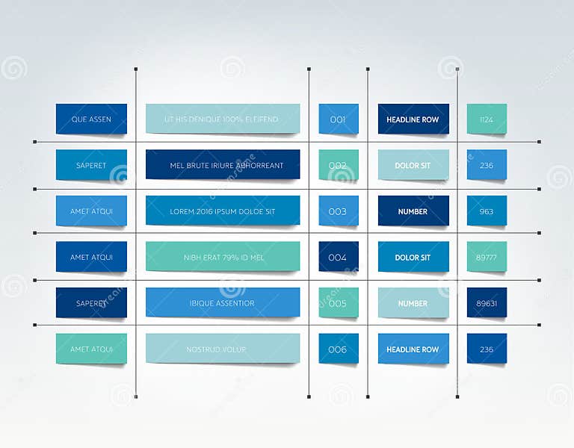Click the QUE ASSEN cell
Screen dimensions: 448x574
pos(91,119)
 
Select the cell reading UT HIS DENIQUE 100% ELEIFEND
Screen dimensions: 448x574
pos(223,119)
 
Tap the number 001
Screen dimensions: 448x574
pos(338,119)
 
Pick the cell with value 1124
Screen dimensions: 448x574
pos(487,119)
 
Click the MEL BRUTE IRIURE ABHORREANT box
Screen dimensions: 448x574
pos(223,165)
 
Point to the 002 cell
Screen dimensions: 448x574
pos(338,165)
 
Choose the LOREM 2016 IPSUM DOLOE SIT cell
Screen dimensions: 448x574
pos(223,211)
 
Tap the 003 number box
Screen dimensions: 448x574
pos(338,211)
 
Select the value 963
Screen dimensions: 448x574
pos(487,211)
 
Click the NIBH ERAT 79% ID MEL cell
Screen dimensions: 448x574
pos(223,257)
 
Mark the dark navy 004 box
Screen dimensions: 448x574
pos(338,257)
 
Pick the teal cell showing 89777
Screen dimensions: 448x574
pos(487,257)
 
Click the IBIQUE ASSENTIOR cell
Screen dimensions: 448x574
pos(223,303)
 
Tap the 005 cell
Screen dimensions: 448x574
pos(338,303)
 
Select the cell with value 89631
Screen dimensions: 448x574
pos(487,303)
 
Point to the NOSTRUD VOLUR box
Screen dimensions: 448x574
pos(223,349)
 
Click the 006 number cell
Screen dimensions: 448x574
pos(338,349)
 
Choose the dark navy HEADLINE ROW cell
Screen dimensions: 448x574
pos(413,119)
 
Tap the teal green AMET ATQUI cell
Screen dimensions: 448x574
pos(91,349)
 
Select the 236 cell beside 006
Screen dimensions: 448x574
pos(487,349)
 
